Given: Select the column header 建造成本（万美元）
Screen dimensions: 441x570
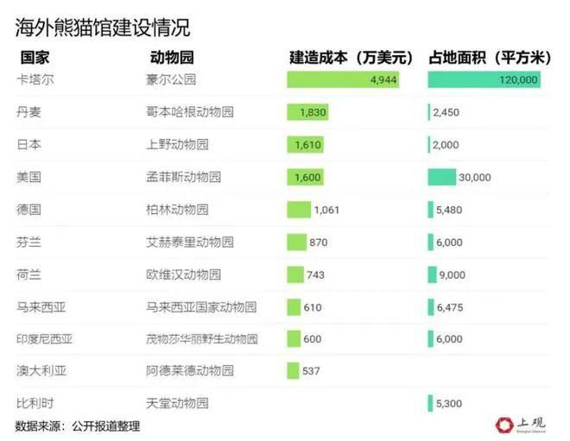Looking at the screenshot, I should pos(351,59).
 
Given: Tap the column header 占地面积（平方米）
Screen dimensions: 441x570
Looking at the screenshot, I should pos(490,59).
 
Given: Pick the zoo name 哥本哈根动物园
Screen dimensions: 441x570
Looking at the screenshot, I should pos(190,112).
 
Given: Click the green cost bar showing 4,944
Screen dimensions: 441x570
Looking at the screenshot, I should pos(344,80).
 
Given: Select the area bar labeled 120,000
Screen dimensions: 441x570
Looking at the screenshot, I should pos(484,80).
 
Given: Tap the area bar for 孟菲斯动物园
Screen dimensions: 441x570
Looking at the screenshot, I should pos(441,177).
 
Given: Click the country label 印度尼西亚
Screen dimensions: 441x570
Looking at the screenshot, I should pos(45,338).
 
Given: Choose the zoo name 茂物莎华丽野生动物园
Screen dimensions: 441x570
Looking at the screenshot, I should pos(202,338).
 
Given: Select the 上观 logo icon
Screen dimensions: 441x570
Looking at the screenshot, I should pos(505,424).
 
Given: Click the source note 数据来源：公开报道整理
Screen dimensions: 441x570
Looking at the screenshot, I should pos(77,425).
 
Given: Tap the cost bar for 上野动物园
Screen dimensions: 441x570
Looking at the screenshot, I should pos(307,144).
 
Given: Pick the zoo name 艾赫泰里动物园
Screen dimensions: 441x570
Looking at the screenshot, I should pos(190,242).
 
